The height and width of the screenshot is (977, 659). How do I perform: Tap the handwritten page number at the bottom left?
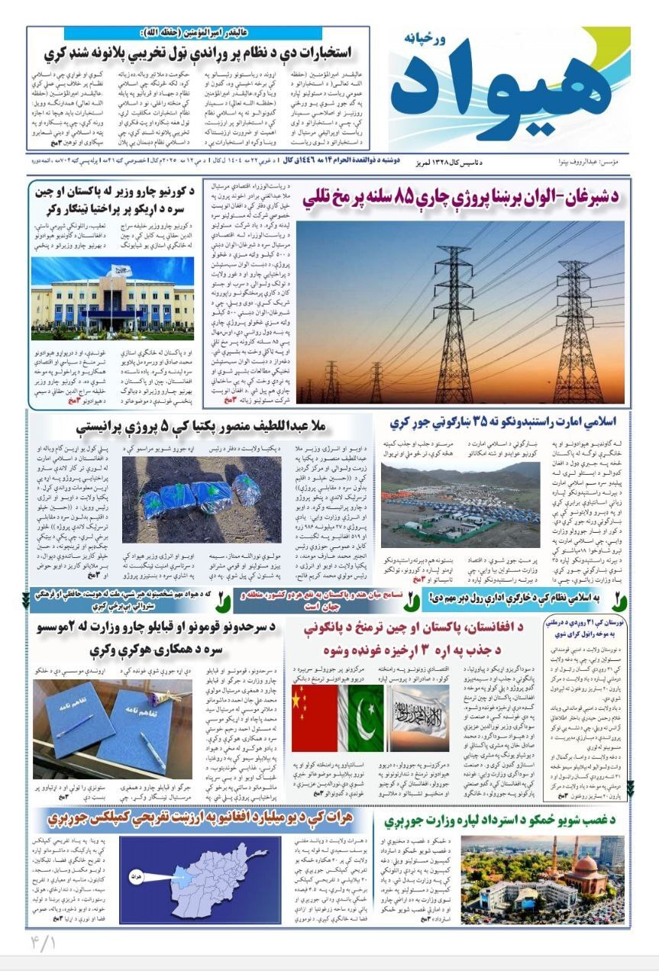[x=44, y=943]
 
